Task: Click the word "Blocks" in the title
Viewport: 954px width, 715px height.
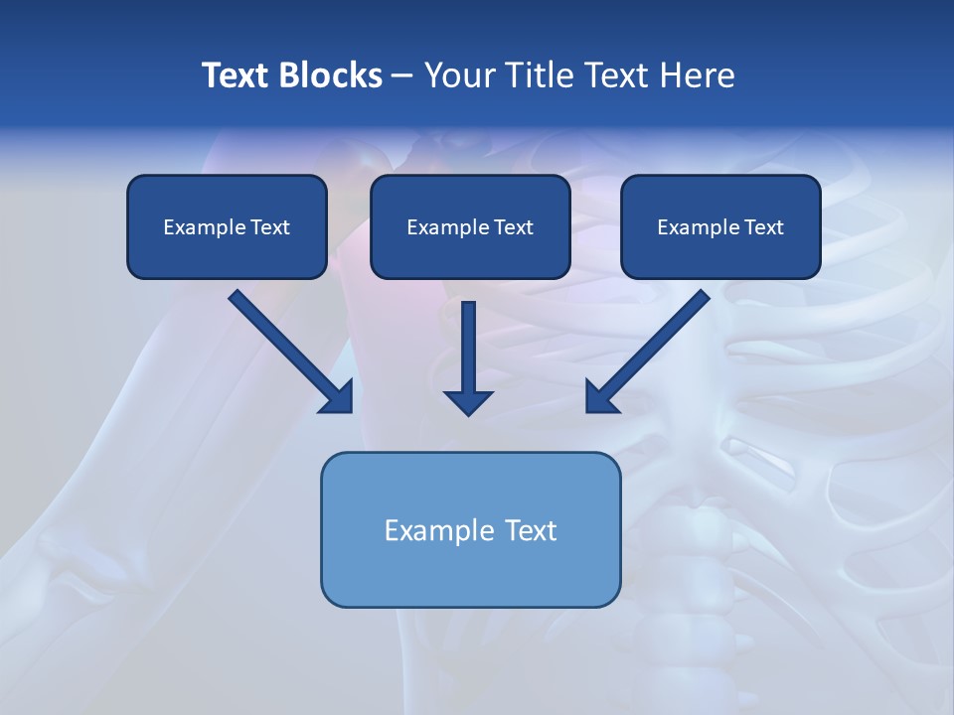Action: pos(329,75)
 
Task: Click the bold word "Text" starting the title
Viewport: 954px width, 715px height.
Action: pos(236,75)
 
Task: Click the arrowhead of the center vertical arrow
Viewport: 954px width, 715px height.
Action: pos(468,402)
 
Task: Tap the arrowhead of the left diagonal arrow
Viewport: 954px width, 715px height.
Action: pos(338,397)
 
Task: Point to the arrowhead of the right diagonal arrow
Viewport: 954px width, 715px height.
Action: pos(600,397)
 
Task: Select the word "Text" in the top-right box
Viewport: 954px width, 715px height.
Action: pos(763,227)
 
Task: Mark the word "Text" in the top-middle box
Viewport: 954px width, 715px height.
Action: pos(513,227)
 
